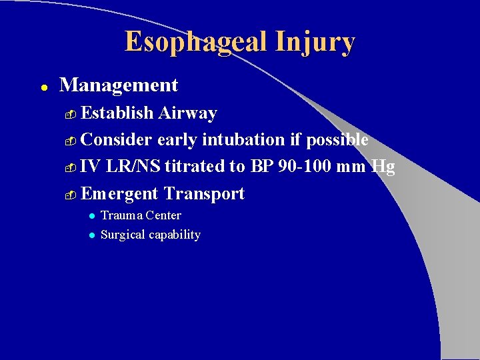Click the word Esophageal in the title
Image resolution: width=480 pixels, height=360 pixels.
pos(195,42)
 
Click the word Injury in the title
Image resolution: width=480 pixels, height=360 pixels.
pos(313,42)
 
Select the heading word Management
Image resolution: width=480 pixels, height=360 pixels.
pos(119,85)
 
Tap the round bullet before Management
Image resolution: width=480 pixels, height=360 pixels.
pos(42,87)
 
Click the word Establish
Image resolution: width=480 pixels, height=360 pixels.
pos(118,113)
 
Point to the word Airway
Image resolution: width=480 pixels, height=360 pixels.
pos(188,113)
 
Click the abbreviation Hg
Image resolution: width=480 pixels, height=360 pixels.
pos(383,167)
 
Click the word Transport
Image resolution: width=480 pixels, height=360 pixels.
pos(205,194)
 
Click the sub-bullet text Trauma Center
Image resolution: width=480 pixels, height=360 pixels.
pos(141,215)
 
